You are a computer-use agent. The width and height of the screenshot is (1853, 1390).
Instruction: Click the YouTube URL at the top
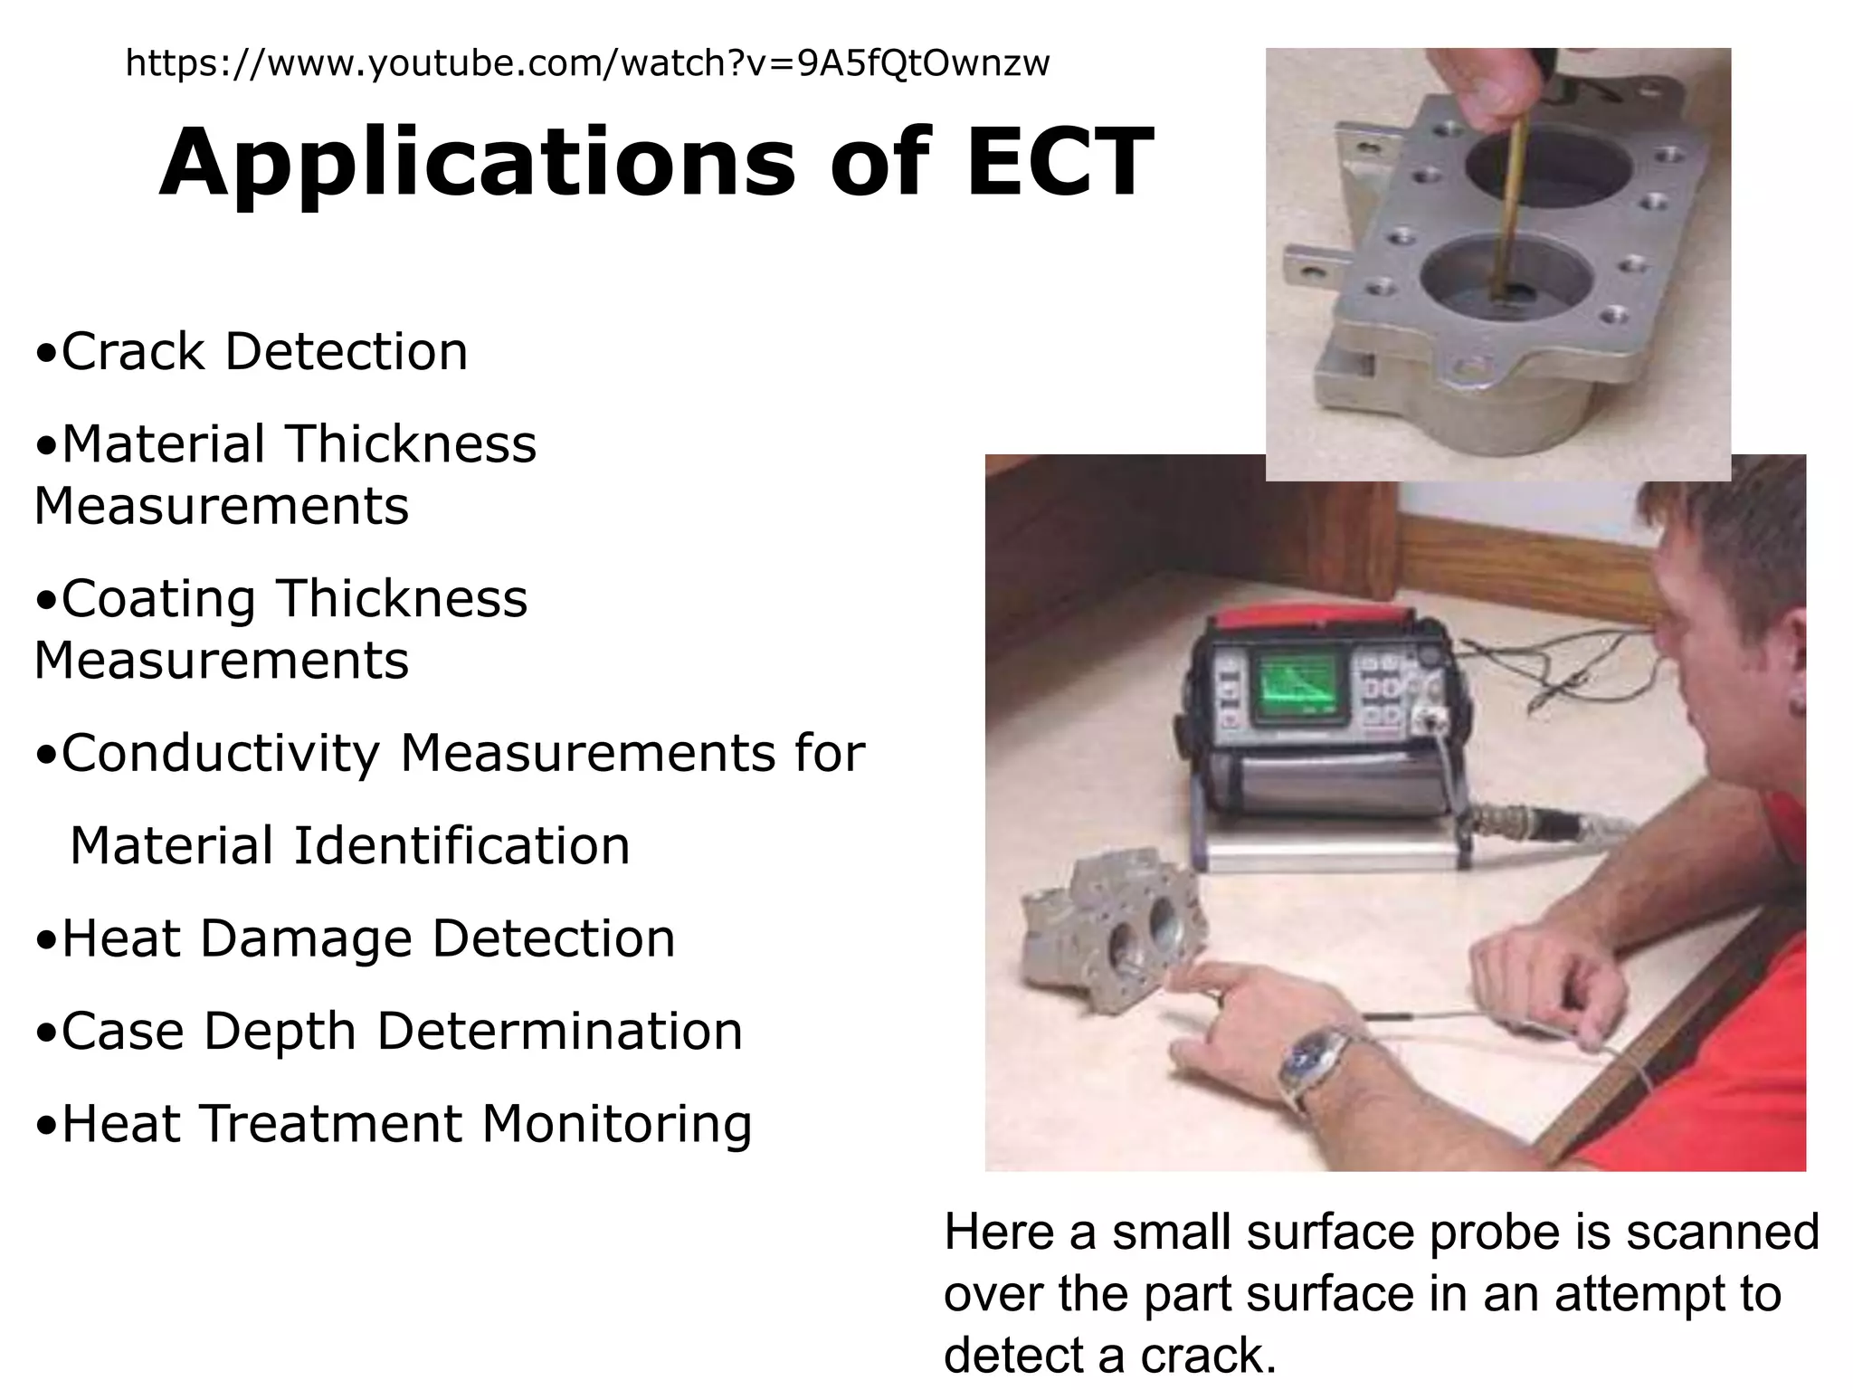[587, 64]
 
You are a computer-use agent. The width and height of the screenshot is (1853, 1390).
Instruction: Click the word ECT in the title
[1060, 164]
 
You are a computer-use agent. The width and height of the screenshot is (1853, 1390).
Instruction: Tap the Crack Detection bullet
[252, 352]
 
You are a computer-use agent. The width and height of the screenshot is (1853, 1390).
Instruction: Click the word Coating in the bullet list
[158, 599]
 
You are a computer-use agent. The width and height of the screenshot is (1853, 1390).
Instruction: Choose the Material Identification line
[349, 846]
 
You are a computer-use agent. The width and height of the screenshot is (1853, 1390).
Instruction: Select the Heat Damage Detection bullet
[356, 938]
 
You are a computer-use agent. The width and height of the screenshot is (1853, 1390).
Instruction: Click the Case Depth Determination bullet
[389, 1032]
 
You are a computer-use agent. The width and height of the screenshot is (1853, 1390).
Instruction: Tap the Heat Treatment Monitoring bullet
[394, 1124]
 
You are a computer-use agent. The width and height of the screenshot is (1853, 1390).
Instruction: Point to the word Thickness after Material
[412, 444]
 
